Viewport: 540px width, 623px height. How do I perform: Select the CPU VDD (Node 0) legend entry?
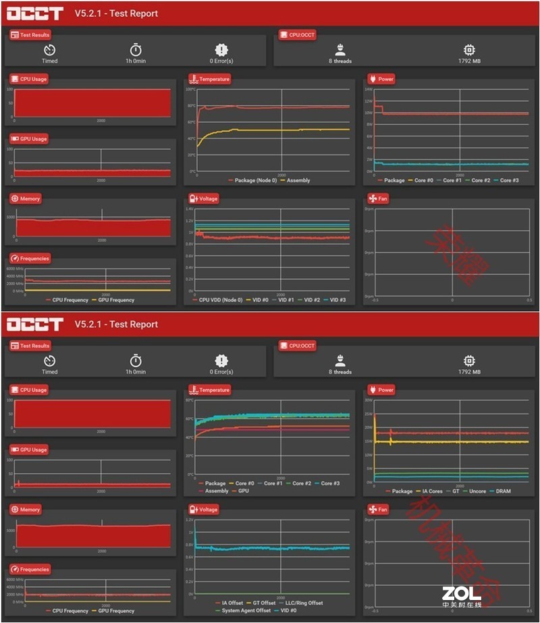pyautogui.click(x=220, y=300)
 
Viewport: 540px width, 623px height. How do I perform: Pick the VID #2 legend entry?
pyautogui.click(x=311, y=300)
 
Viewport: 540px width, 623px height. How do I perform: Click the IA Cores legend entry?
pyautogui.click(x=432, y=491)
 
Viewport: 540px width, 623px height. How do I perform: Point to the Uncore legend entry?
pyautogui.click(x=477, y=491)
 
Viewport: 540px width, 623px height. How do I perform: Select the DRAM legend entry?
pyautogui.click(x=503, y=491)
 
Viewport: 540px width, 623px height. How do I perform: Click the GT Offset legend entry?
pyautogui.click(x=264, y=603)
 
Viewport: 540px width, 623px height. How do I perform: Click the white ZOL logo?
pyautogui.click(x=462, y=594)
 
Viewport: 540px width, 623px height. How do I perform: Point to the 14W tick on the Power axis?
pyautogui.click(x=369, y=89)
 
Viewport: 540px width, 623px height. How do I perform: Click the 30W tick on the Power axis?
pyautogui.click(x=369, y=400)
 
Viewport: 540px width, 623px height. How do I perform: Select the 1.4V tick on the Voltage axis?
pyautogui.click(x=190, y=209)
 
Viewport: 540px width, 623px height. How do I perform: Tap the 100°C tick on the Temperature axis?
pyautogui.click(x=190, y=89)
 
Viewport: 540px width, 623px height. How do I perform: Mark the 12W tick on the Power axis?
pyautogui.click(x=369, y=101)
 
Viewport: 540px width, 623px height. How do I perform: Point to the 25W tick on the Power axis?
pyautogui.click(x=369, y=413)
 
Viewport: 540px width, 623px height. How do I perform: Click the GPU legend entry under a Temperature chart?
pyautogui.click(x=244, y=491)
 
